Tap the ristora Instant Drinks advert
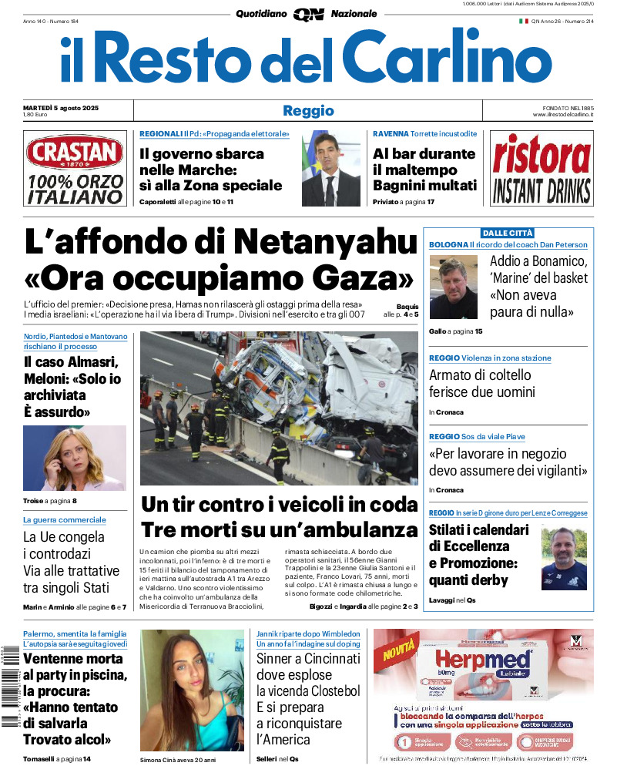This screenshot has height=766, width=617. click(x=542, y=168)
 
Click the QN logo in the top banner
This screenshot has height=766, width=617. click(x=308, y=14)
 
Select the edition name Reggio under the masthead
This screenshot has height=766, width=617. click(x=308, y=110)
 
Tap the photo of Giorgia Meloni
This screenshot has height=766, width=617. click(x=74, y=458)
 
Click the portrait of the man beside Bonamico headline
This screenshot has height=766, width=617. click(x=454, y=287)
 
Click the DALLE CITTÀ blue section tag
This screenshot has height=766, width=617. click(x=508, y=233)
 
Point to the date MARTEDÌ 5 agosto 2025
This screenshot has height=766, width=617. click(x=66, y=107)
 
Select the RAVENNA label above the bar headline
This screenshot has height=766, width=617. click(x=391, y=134)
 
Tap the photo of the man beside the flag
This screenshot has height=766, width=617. click(x=330, y=168)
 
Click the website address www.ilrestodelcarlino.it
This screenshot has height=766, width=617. click(x=562, y=115)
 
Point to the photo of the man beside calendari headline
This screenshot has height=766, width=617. click(x=563, y=558)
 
